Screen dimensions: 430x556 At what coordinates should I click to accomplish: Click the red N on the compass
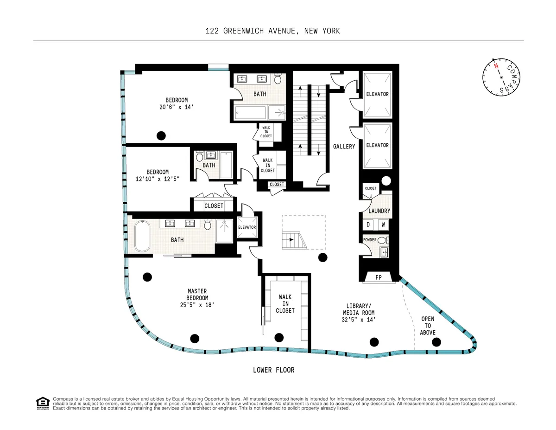pyautogui.click(x=496, y=66)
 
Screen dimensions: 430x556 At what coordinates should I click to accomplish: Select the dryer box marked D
pyautogui.click(x=369, y=225)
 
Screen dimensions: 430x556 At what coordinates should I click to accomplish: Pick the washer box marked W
pyautogui.click(x=383, y=225)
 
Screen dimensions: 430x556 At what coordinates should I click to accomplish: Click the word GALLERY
pyautogui.click(x=344, y=147)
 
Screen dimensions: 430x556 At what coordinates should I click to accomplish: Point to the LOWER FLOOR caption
pyautogui.click(x=273, y=370)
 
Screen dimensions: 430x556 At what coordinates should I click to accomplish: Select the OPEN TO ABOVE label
pyautogui.click(x=428, y=326)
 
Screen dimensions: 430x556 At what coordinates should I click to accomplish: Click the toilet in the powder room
pyautogui.click(x=381, y=240)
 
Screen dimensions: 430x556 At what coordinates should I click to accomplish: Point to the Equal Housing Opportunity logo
pyautogui.click(x=42, y=403)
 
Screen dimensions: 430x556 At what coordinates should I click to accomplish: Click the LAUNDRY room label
pyautogui.click(x=379, y=211)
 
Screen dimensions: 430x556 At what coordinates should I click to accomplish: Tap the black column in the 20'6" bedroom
pyautogui.click(x=161, y=135)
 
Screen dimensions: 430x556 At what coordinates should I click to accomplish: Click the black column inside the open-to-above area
pyautogui.click(x=436, y=342)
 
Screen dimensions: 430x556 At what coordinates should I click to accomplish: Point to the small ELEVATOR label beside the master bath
pyautogui.click(x=247, y=227)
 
